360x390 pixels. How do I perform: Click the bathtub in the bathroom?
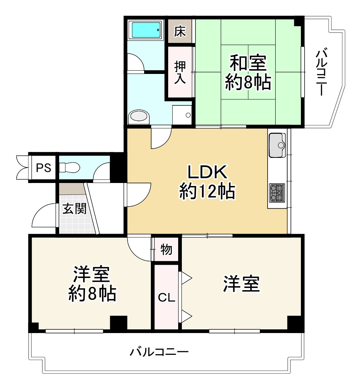click(146, 30)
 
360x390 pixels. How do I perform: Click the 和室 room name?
click(248, 63)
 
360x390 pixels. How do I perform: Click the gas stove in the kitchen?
click(277, 193)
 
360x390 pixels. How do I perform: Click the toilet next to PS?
click(70, 167)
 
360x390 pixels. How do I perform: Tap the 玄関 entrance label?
click(74, 209)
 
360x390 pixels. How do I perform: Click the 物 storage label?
click(166, 250)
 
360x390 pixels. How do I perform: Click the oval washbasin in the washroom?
click(139, 116)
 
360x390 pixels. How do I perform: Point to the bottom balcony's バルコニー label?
click(159, 351)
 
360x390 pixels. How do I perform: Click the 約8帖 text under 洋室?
click(92, 294)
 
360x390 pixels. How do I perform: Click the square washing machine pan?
click(182, 115)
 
